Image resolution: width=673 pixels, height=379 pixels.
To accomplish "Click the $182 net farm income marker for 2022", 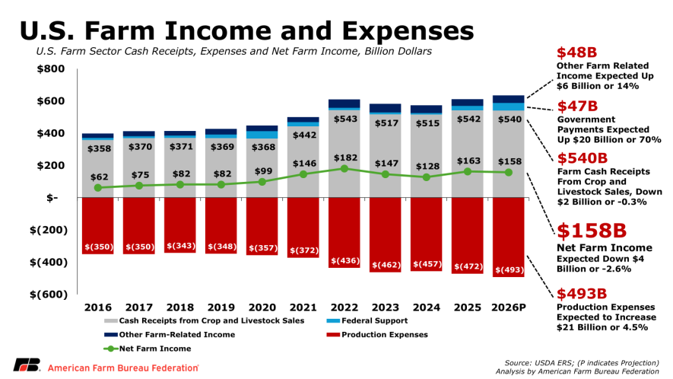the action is (x=344, y=169).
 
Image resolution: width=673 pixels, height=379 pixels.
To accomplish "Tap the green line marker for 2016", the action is (x=98, y=188).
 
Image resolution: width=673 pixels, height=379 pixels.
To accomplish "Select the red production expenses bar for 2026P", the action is (x=509, y=237).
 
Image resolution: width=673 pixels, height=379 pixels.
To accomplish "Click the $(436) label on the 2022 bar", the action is (x=345, y=261).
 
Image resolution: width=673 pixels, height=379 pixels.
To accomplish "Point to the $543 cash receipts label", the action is (x=345, y=119).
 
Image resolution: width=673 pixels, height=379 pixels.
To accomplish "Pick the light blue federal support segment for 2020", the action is (x=262, y=135).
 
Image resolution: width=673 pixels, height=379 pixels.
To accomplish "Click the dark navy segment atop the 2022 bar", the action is (x=344, y=104).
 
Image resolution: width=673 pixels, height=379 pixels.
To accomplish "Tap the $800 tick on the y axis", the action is (x=51, y=68).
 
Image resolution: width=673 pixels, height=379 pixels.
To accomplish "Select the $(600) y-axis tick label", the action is (x=49, y=295).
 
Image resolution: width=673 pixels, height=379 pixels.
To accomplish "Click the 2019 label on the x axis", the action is (x=221, y=307).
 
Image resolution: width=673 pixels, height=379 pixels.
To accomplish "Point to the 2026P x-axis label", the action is (x=509, y=307).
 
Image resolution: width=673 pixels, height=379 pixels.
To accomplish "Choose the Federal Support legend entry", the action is (x=367, y=320).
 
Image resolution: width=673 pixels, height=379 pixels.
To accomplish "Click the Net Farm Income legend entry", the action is (x=148, y=349).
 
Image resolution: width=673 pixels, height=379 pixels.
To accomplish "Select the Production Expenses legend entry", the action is (x=377, y=335).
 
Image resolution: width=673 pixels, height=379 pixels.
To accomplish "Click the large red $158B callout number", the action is (x=592, y=231).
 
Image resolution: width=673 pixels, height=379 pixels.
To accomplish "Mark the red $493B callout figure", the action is (x=582, y=294).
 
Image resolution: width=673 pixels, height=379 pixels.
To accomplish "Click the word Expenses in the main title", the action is (x=408, y=31).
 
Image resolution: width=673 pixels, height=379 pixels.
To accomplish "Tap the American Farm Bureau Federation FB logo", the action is (x=27, y=365).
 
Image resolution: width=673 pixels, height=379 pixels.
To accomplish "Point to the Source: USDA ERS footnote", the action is (x=582, y=363).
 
